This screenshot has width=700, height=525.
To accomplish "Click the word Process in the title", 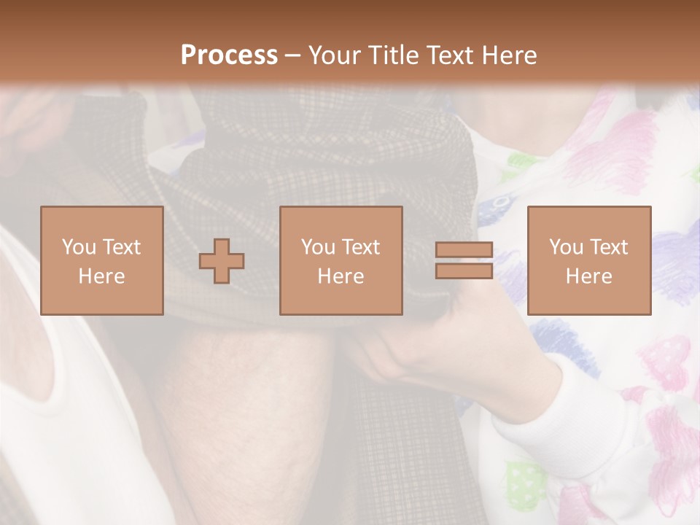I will [x=229, y=55].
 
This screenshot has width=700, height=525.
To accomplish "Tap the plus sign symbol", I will [x=222, y=261].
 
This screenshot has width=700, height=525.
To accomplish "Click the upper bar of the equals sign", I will [x=464, y=250].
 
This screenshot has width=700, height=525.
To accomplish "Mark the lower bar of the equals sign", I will [x=464, y=271].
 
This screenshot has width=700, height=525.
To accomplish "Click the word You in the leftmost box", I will [x=78, y=247].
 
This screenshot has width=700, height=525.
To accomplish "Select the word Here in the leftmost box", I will [x=102, y=276].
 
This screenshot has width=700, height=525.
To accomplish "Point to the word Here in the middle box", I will [x=341, y=276].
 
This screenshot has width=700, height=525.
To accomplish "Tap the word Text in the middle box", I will [x=360, y=247].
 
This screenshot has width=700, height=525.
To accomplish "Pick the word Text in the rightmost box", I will [x=608, y=247].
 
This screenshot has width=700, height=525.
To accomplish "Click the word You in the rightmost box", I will [x=565, y=247].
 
